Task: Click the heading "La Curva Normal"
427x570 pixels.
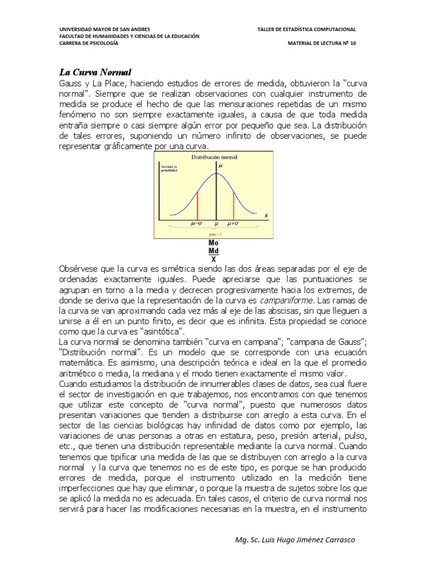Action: click(95, 72)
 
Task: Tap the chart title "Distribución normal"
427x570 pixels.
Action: click(214, 158)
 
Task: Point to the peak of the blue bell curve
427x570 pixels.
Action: click(216, 174)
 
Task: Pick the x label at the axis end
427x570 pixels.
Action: click(266, 215)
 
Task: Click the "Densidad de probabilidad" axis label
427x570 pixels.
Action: click(168, 169)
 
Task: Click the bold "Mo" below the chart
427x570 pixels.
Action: click(213, 244)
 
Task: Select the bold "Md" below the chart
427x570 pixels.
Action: click(213, 251)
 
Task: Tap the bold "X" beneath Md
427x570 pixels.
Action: click(213, 259)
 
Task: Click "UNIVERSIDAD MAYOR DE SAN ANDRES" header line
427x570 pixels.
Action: click(104, 29)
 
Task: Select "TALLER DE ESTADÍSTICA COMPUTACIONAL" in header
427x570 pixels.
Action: click(306, 29)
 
